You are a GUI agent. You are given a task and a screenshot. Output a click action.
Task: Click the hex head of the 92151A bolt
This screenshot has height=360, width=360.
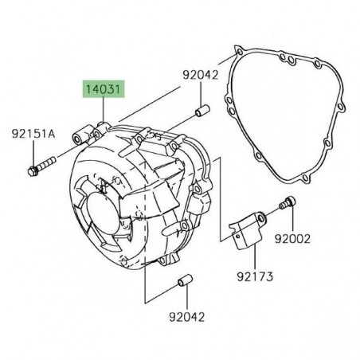tap(31, 169)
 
